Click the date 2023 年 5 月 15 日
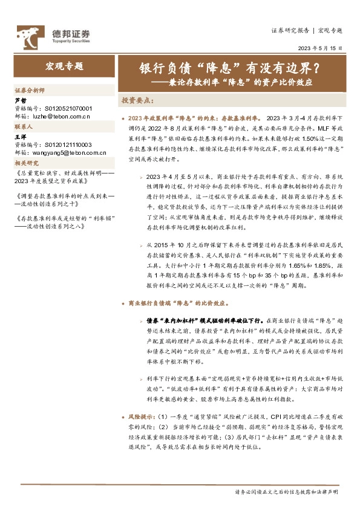[319, 48]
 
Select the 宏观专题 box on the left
[64, 66]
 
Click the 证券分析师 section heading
[30, 89]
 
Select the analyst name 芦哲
[21, 100]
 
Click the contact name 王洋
[21, 138]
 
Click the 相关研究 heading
[27, 164]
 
